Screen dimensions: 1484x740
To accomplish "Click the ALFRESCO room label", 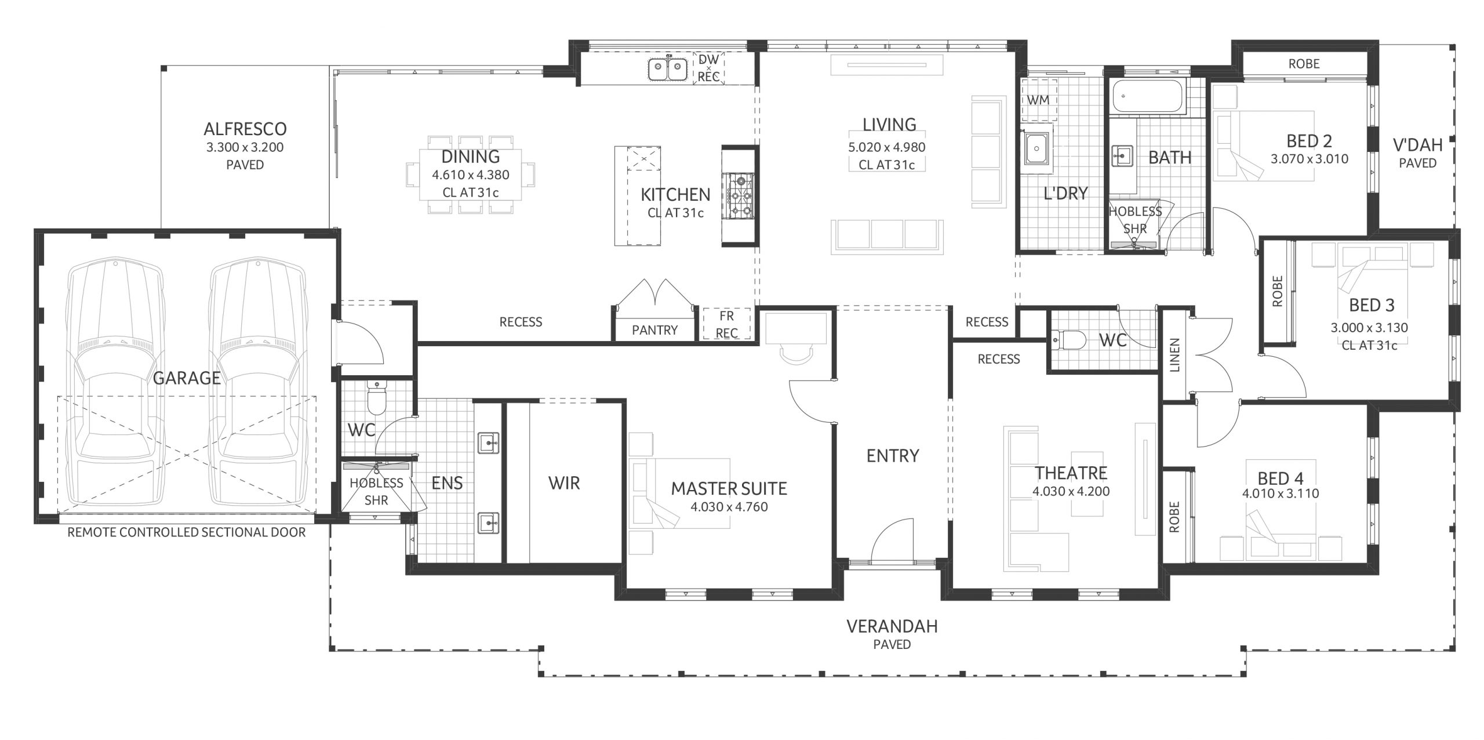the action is coord(245,129).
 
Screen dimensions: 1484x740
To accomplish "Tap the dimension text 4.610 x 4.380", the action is coord(471,175).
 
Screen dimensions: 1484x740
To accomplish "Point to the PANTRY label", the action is coord(654,330).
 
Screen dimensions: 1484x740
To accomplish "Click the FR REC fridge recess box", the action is coord(726,324).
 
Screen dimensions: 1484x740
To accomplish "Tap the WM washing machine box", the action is coord(1038,100).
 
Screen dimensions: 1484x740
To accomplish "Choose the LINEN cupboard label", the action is coord(1175,355).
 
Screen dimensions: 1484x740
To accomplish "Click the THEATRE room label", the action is coord(1071,473).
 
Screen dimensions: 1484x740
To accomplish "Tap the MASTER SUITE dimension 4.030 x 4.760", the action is coord(729,507).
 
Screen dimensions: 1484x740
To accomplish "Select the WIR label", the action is coord(564,483).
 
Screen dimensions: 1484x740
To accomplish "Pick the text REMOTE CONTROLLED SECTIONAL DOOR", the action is coord(187,532).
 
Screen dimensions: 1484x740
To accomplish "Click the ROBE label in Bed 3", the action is coord(1278,291).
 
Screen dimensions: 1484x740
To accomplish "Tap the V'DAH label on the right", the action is coord(1418,145).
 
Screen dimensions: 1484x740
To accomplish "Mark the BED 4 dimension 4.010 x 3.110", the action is coord(1281,494).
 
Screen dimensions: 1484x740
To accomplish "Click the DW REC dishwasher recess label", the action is coord(708,68).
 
